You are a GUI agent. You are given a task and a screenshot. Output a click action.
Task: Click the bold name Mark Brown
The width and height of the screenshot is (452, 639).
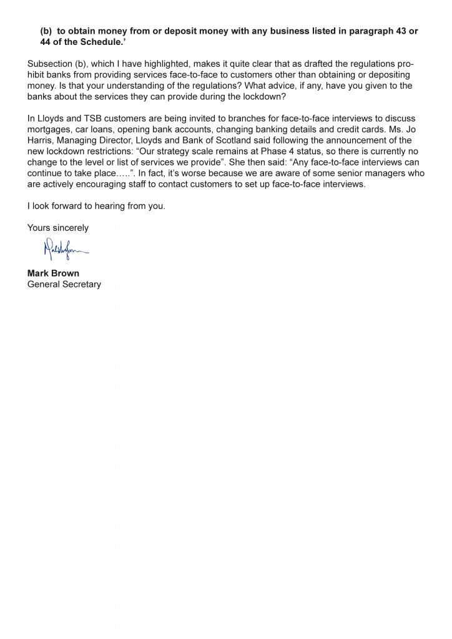53,273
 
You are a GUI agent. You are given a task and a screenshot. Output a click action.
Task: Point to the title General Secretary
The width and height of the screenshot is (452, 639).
64,284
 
